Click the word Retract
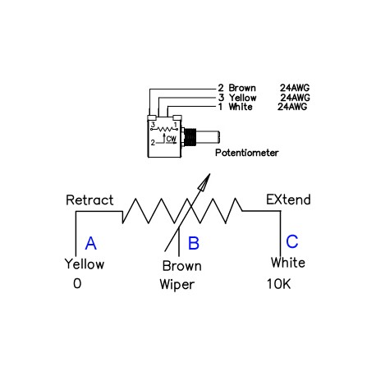(x=89, y=199)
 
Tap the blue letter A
(x=90, y=243)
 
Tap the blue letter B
(x=194, y=243)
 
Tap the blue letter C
(x=292, y=241)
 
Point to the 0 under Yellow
(x=77, y=283)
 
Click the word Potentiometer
(x=247, y=153)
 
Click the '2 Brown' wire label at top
(x=237, y=87)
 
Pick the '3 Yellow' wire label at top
(x=239, y=97)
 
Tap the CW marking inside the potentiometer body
(x=171, y=139)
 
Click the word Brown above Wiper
(x=181, y=266)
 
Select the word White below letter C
(x=288, y=263)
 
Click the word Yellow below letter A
(x=85, y=264)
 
